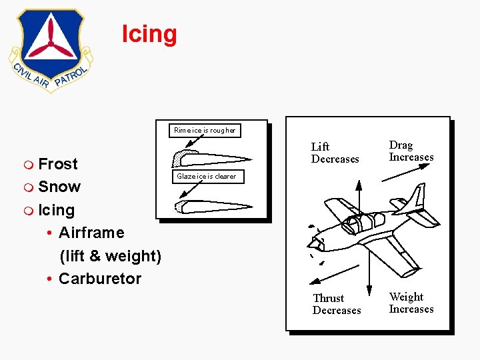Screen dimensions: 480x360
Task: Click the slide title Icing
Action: tap(149, 34)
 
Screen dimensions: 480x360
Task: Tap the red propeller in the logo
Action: tap(50, 44)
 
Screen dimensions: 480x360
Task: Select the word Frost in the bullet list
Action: tap(58, 164)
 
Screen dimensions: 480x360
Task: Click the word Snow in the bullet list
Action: tap(59, 187)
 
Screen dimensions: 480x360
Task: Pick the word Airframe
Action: tap(91, 233)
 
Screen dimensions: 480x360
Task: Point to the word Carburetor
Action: tap(100, 279)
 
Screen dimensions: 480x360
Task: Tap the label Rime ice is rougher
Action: tap(205, 130)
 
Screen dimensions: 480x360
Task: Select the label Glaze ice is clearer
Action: tap(207, 177)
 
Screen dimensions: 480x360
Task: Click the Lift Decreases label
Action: tap(335, 153)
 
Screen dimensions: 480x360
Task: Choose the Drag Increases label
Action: tap(411, 151)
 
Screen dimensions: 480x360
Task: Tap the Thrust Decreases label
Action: tap(337, 304)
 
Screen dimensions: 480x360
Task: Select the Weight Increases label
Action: tap(411, 303)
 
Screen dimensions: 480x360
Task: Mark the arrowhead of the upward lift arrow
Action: tap(359, 185)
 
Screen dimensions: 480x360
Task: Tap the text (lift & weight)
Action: tap(110, 256)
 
